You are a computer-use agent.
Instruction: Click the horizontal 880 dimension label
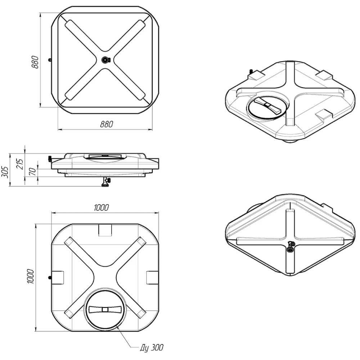tap(107, 124)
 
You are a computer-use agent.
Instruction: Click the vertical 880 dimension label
tap(35, 62)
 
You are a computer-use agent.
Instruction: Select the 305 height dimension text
tap(5, 172)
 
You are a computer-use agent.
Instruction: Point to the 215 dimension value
tap(20, 164)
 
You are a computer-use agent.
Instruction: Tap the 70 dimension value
tap(33, 171)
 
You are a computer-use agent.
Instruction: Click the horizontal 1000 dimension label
tap(101, 208)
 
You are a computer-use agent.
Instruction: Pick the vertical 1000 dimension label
tap(30, 276)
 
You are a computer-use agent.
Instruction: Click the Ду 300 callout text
tap(152, 348)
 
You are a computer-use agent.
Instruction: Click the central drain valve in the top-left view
tap(105, 60)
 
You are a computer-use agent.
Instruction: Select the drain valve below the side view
tap(106, 182)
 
